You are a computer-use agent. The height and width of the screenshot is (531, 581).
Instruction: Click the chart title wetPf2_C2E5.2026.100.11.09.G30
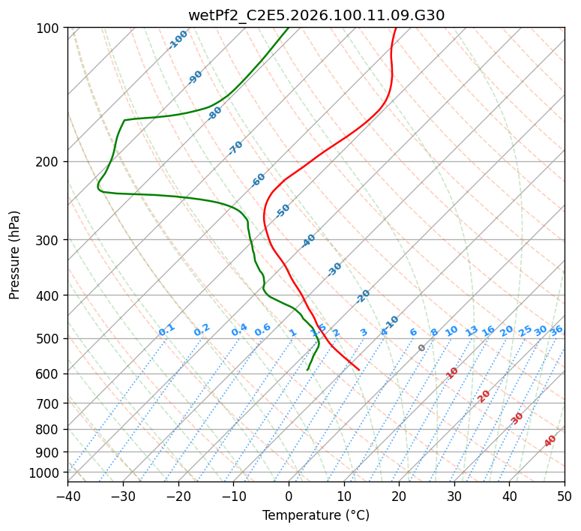(x=316, y=15)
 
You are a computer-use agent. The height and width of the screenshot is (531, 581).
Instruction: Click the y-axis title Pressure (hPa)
(x=15, y=255)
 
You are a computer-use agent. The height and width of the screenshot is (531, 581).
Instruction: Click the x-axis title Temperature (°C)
(x=316, y=516)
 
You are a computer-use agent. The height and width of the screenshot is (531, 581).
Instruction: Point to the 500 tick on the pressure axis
(x=49, y=338)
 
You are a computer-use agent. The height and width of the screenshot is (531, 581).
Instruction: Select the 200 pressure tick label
(x=49, y=161)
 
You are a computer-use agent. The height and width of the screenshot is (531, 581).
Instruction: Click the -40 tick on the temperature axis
(x=67, y=496)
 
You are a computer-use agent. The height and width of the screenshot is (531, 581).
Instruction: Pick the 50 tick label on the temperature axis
(x=565, y=496)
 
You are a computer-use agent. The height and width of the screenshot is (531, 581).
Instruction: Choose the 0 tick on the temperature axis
(x=289, y=496)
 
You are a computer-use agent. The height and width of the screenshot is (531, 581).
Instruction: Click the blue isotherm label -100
(x=178, y=40)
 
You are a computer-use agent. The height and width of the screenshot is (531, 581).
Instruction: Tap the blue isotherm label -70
(x=235, y=148)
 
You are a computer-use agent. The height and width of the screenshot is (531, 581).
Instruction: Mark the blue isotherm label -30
(x=334, y=269)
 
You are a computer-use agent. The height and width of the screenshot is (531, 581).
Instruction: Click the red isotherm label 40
(x=550, y=441)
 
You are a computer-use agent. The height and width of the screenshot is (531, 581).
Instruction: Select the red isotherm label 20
(x=484, y=395)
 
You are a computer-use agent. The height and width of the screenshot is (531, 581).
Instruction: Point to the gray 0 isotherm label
(x=422, y=348)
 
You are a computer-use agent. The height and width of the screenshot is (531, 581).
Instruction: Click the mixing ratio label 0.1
(x=166, y=329)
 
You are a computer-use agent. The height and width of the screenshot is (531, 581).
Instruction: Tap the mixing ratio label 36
(x=556, y=330)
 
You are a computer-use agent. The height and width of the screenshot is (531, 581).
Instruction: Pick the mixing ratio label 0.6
(x=262, y=330)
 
